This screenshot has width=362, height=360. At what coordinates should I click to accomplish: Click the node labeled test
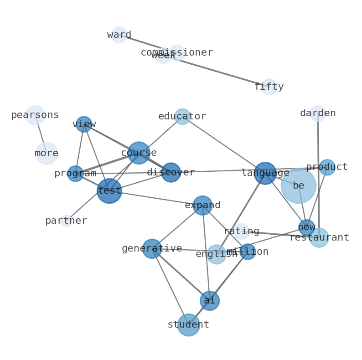coord(109,190)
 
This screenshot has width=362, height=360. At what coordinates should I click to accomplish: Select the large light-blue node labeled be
coord(298,185)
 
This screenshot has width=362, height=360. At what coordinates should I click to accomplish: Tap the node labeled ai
coord(209,301)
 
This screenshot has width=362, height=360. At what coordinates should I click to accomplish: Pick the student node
coord(188,325)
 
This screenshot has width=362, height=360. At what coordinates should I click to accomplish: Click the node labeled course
coord(139,153)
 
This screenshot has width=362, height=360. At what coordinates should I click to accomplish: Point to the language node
coord(265,173)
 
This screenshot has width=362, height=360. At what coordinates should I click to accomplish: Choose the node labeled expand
coord(202,205)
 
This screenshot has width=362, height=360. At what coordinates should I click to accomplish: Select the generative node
coord(152,249)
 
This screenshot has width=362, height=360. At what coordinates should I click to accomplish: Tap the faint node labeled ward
coord(119,35)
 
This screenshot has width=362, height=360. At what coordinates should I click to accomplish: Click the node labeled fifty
coord(269,87)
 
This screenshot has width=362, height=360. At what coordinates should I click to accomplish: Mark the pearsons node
coord(35,115)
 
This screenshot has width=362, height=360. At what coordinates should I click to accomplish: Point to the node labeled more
coord(47,153)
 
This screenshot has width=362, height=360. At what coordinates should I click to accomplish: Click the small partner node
coord(66,221)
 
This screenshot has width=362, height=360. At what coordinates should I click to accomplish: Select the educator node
coord(182,117)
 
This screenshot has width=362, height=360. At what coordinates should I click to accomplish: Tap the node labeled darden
coord(318,113)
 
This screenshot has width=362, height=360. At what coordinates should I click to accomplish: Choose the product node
coord(327,167)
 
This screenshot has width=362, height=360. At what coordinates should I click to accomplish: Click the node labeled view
coord(84,124)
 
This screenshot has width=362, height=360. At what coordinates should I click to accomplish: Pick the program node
coord(75,174)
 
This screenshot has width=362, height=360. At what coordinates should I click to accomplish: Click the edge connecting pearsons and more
coord(41,134)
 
